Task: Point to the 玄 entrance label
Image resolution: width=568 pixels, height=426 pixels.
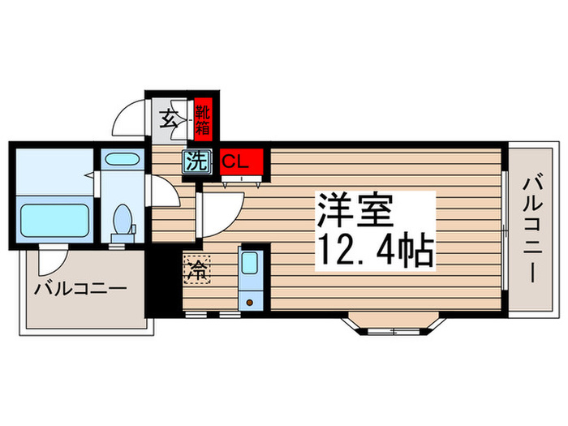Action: point(167,119)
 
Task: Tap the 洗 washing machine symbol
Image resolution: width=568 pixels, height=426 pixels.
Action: point(197,161)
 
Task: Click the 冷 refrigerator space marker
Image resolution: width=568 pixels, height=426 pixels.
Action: point(196,268)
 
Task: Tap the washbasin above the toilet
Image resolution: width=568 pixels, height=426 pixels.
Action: point(123,161)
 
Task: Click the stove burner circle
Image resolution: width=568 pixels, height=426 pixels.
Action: point(249,301)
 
